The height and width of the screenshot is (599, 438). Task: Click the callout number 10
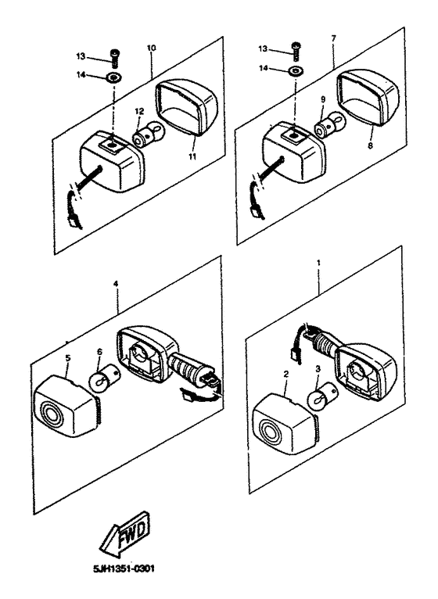tap(152, 48)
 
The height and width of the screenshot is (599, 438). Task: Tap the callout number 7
tap(334, 38)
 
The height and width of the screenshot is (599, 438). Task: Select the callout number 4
tap(116, 283)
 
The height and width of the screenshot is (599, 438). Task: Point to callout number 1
tap(319, 263)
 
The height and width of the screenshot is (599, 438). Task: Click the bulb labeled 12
tap(147, 133)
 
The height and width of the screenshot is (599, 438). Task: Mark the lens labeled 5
tap(66, 407)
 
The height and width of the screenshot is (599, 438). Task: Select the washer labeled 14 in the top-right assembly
tap(295, 70)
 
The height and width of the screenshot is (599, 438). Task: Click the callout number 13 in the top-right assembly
tap(263, 49)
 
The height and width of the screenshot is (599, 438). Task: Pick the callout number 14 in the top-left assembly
tap(81, 74)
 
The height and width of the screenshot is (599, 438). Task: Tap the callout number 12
tap(139, 111)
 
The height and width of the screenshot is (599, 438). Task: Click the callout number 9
tap(323, 99)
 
